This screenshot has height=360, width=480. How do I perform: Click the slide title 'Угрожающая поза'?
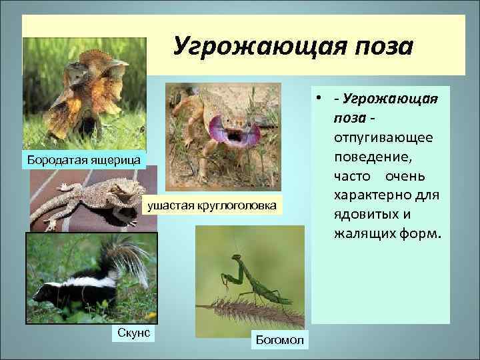click(293, 47)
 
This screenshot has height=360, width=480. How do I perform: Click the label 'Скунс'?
click(131, 331)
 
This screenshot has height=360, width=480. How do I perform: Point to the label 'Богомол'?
click(279, 340)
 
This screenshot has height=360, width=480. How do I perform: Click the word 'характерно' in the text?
click(373, 197)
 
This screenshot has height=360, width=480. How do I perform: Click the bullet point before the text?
click(321, 99)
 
